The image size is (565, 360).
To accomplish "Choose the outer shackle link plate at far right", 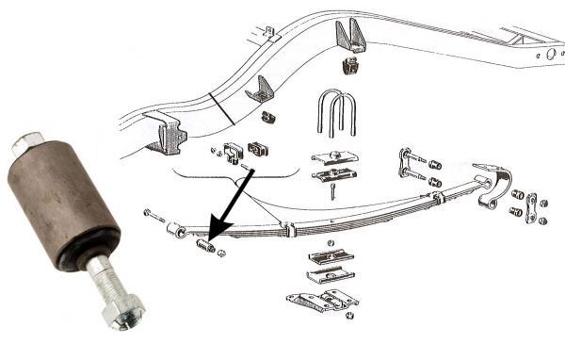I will (x=531, y=208).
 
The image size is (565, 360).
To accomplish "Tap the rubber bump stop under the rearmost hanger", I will (x=349, y=67).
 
